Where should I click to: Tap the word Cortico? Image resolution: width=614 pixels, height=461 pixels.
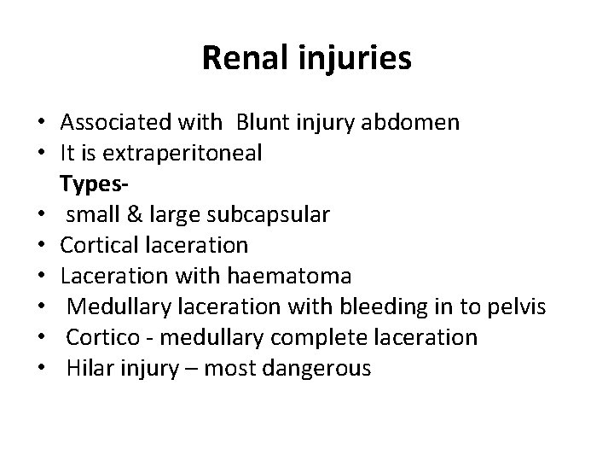(100, 338)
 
